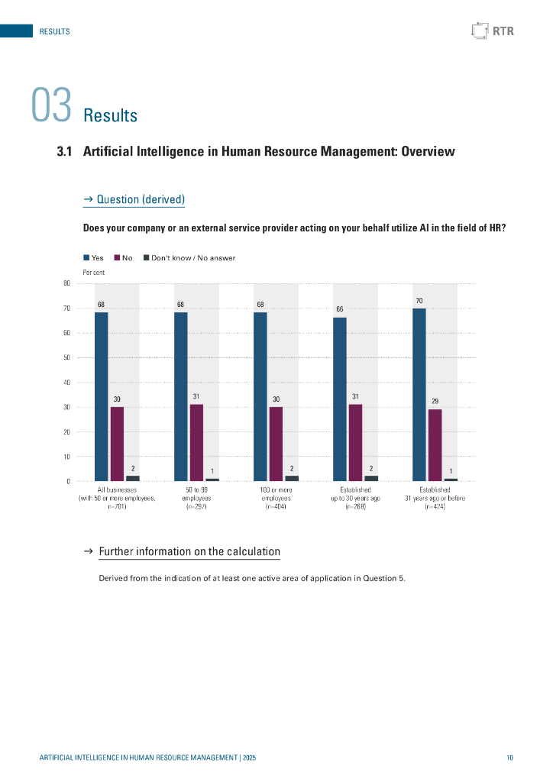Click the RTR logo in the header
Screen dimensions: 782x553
493,31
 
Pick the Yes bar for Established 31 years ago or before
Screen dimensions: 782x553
419,394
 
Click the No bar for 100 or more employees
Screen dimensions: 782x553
276,444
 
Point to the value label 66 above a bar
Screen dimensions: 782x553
340,309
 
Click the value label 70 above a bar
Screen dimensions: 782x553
419,301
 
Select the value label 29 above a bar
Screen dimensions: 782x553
435,401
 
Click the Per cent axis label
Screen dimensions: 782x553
93,272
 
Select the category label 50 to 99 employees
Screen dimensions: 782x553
196,497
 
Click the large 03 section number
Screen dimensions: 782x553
51,106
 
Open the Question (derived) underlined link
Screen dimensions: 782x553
134,200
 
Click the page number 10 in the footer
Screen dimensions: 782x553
509,758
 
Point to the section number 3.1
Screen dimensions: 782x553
64,152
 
